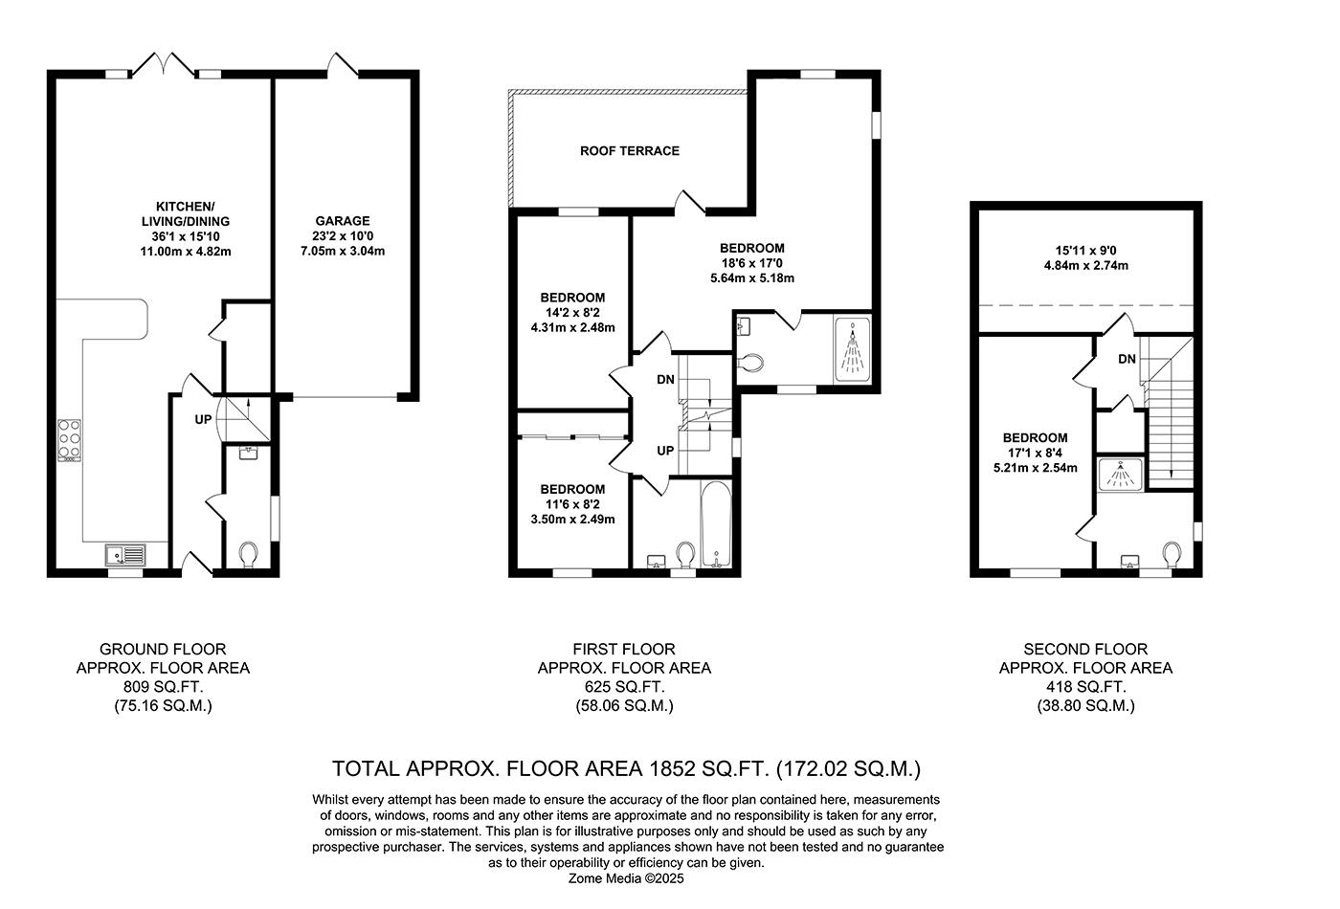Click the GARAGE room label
pyautogui.click(x=343, y=221)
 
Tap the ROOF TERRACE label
pyautogui.click(x=630, y=151)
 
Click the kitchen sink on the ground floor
pyautogui.click(x=125, y=553)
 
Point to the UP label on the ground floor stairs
pyautogui.click(x=203, y=419)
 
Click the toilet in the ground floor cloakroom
pyautogui.click(x=249, y=555)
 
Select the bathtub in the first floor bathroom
pyautogui.click(x=717, y=524)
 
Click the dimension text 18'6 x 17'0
pyautogui.click(x=751, y=263)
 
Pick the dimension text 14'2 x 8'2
pyautogui.click(x=572, y=312)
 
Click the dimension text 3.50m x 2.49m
pyautogui.click(x=572, y=520)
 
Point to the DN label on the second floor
pyautogui.click(x=1127, y=359)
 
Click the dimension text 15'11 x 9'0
pyautogui.click(x=1085, y=251)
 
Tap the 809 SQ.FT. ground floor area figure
pyautogui.click(x=163, y=687)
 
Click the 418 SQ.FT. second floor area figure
pyautogui.click(x=1085, y=687)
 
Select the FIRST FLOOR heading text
pyautogui.click(x=624, y=649)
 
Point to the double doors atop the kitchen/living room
pyautogui.click(x=165, y=65)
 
